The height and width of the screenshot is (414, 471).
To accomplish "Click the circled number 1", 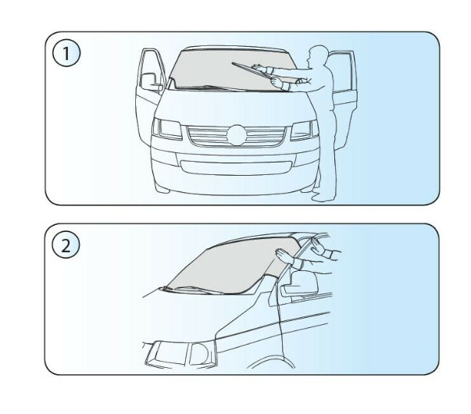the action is (66, 53).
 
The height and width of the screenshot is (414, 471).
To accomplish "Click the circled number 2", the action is (66, 244).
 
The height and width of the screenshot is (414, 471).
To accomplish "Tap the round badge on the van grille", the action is (237, 135).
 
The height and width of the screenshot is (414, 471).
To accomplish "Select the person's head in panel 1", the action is (319, 55).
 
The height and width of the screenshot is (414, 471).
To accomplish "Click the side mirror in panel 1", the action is (151, 82).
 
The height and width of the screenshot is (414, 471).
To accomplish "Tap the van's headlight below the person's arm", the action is (305, 130).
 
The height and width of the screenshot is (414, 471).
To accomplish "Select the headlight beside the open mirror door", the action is (167, 129).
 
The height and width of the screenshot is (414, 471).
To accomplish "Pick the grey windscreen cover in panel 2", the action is (235, 266).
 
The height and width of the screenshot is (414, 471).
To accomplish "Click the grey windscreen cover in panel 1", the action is (232, 70).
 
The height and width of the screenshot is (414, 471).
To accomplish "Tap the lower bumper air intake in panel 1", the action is (236, 168).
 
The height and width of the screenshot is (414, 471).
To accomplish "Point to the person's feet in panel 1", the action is (321, 197).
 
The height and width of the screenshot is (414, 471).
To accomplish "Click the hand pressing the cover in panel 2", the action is (284, 256).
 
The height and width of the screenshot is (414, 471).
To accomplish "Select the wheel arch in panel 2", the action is (270, 361).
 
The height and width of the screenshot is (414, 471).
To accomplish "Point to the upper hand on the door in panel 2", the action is (317, 246).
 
